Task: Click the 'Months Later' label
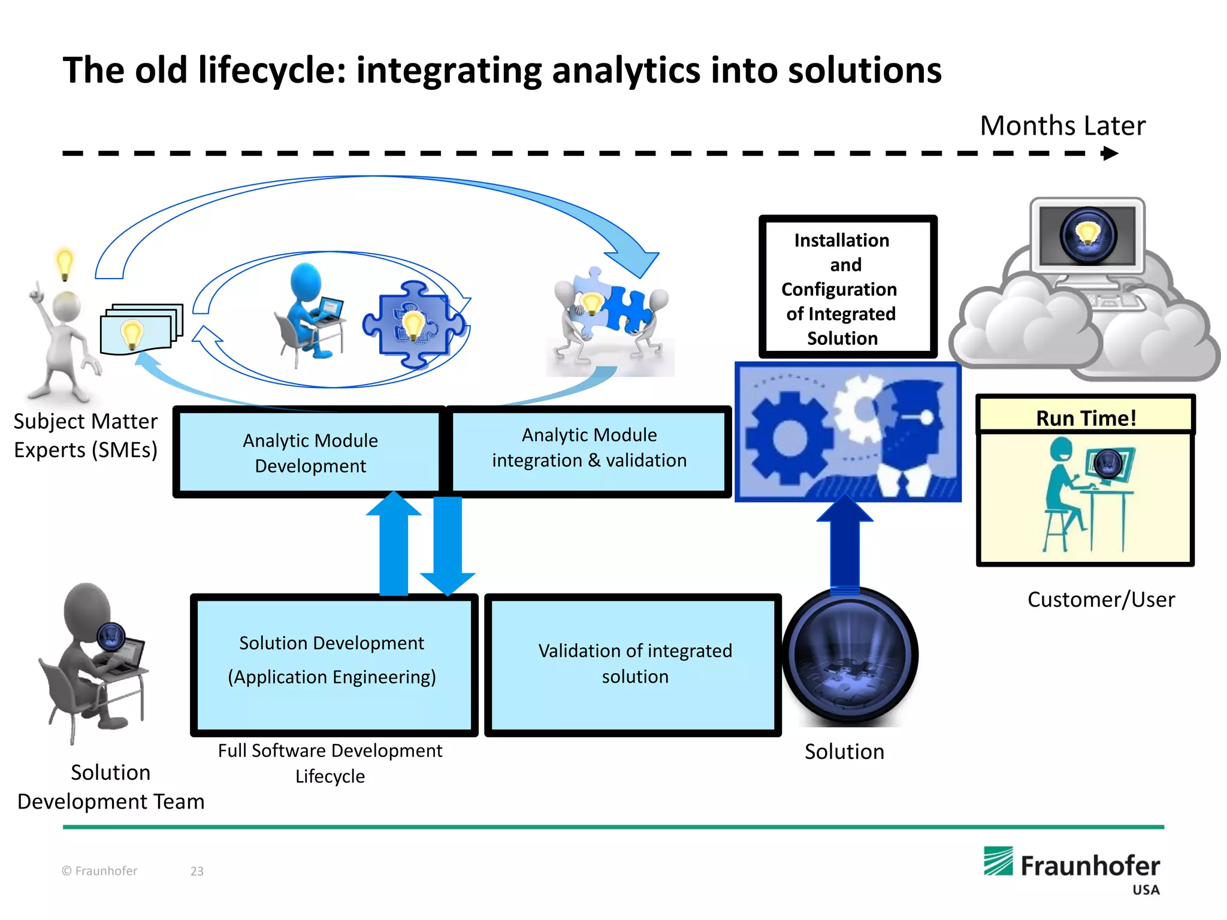click(x=1062, y=126)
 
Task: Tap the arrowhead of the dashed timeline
click(x=1110, y=153)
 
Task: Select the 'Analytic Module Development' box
click(x=310, y=453)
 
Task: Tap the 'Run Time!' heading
click(x=1086, y=417)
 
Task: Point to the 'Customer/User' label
click(x=1101, y=600)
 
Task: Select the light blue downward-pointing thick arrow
click(x=448, y=543)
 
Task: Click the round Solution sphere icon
click(x=850, y=656)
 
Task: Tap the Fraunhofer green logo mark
click(x=998, y=861)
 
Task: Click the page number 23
click(x=197, y=871)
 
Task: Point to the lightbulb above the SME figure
click(x=64, y=263)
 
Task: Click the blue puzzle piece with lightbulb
click(x=413, y=324)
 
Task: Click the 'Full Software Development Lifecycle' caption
click(x=330, y=763)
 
